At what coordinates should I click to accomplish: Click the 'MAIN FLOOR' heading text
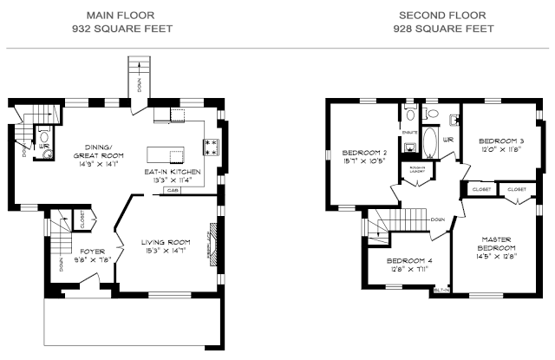point(121,15)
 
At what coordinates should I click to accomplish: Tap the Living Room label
point(166,242)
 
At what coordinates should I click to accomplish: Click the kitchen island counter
point(167,154)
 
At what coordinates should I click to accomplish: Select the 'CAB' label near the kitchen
point(173,189)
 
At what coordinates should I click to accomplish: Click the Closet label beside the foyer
point(82,222)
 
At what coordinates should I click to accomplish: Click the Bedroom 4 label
point(408,260)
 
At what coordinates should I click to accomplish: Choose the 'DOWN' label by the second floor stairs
point(438,219)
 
